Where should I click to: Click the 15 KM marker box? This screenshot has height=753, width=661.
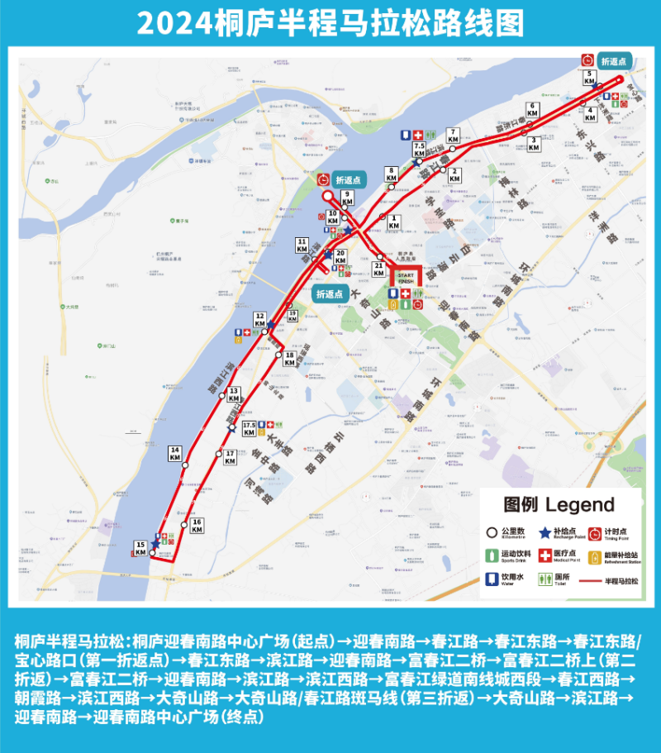click(x=140, y=546)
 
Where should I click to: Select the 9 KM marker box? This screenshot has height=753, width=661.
click(x=348, y=198)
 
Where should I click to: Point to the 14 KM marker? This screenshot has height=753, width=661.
click(x=175, y=453)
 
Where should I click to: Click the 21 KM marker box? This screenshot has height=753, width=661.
click(x=378, y=269)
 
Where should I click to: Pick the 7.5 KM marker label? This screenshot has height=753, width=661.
click(x=419, y=150)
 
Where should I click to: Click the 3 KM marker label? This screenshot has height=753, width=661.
click(x=535, y=144)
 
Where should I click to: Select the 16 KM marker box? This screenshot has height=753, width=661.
click(x=197, y=526)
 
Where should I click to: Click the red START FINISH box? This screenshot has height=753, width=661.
click(x=405, y=276)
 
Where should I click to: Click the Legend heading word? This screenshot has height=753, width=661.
click(x=580, y=505)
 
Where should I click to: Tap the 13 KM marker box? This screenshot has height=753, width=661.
click(x=234, y=393)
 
